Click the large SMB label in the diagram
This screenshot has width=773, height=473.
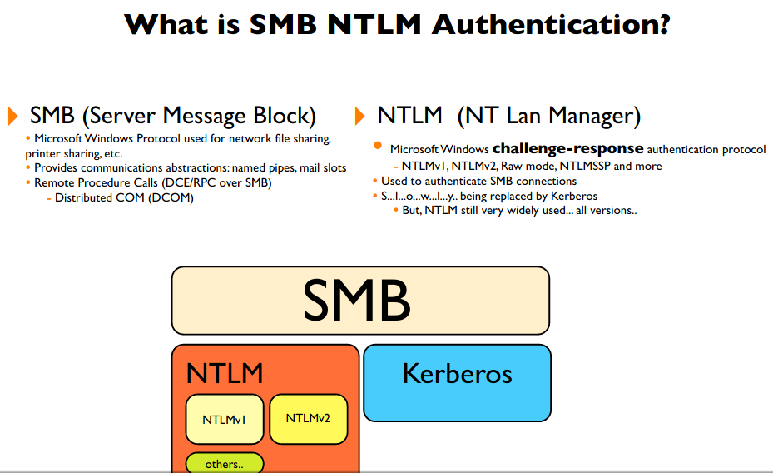tap(356, 300)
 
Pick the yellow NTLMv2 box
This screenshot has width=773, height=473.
tap(308, 417)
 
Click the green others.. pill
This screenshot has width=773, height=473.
tap(224, 464)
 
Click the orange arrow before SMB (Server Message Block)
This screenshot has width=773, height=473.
tap(13, 115)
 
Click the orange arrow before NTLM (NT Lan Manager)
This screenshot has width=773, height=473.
tap(360, 115)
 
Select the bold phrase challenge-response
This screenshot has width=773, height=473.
tap(567, 149)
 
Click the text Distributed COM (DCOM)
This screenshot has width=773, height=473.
tap(124, 197)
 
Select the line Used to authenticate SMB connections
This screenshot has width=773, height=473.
tap(478, 181)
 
